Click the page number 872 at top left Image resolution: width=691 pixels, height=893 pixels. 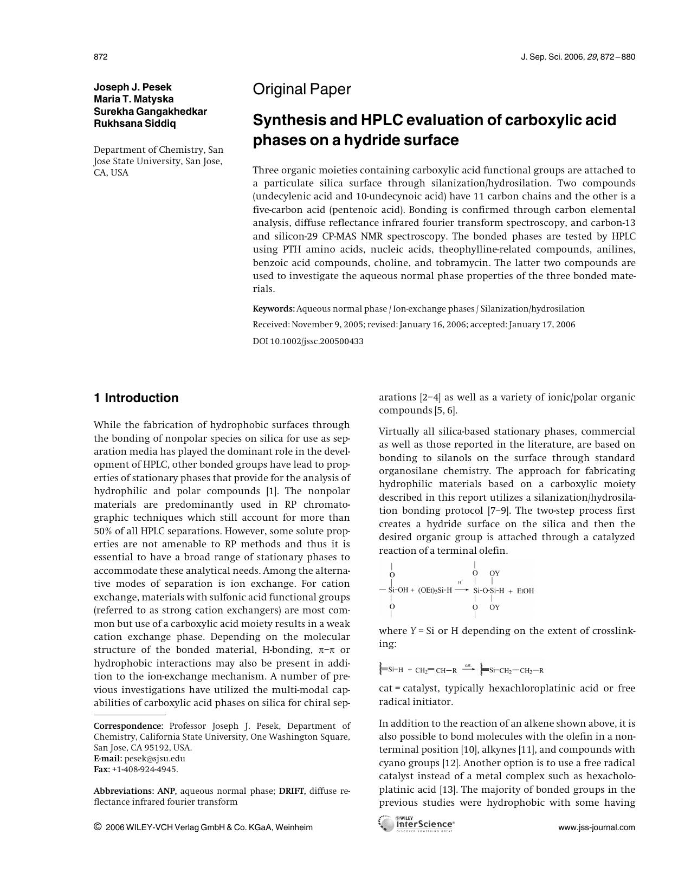[x=101, y=57]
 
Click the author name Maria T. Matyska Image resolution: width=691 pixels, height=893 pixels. [x=134, y=99]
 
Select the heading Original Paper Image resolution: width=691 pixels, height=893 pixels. [x=301, y=89]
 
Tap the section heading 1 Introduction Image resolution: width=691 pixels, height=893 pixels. [x=136, y=398]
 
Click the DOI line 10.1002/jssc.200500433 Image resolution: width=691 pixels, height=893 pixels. [x=308, y=341]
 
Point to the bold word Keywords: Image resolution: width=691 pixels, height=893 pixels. [x=274, y=309]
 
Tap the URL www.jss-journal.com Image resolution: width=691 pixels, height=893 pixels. [x=596, y=827]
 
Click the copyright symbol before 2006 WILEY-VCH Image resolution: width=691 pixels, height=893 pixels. [x=98, y=827]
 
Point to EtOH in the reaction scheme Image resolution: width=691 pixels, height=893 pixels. [x=525, y=591]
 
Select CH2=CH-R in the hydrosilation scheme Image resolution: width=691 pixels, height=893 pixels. [x=436, y=670]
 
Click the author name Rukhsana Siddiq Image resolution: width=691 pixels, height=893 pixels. [x=135, y=123]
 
